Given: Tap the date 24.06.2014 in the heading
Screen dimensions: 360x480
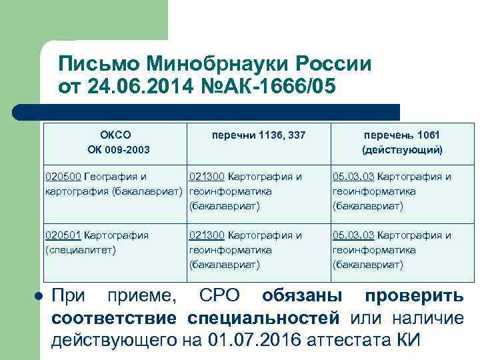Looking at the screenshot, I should pyautogui.click(x=133, y=87).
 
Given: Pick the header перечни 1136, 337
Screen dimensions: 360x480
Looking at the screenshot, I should pyautogui.click(x=259, y=135).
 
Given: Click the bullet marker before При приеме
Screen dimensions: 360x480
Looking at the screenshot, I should pyautogui.click(x=39, y=295).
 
